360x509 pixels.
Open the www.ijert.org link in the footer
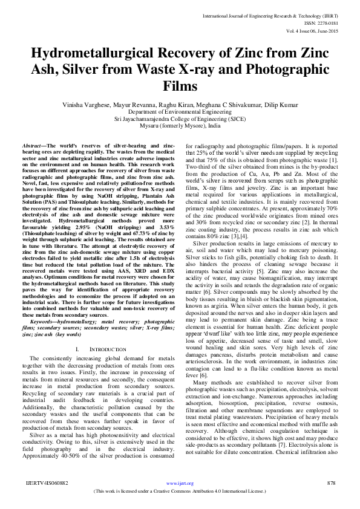tap(180, 484)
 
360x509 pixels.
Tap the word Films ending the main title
tap(180, 86)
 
